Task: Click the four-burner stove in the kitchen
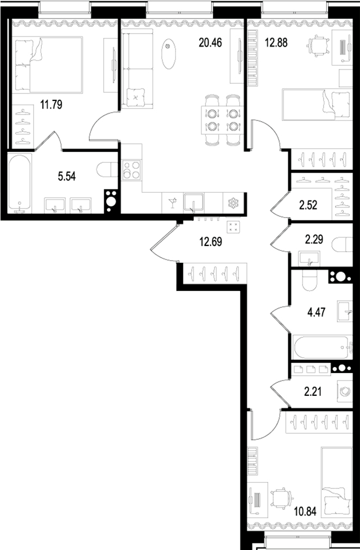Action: coord(131,170)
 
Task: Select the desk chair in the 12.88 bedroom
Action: coord(318,43)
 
